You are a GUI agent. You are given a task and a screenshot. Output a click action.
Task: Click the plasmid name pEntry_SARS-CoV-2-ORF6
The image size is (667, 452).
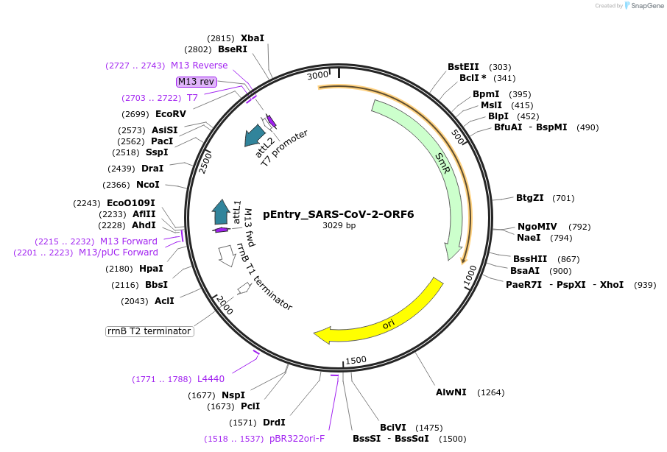click(x=339, y=215)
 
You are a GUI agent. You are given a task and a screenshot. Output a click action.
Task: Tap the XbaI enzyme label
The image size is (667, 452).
click(x=252, y=38)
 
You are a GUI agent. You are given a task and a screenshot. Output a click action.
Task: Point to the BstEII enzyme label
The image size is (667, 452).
click(x=463, y=66)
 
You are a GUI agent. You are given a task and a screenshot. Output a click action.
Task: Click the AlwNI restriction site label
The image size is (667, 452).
click(x=451, y=392)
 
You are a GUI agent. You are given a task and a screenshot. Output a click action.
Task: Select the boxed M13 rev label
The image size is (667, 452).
click(x=197, y=82)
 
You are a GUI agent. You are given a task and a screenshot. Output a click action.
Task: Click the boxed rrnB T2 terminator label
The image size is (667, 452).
click(x=149, y=331)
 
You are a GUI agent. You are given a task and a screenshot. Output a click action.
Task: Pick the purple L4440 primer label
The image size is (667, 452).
click(x=211, y=379)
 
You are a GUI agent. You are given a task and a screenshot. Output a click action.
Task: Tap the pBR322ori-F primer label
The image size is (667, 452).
click(x=297, y=439)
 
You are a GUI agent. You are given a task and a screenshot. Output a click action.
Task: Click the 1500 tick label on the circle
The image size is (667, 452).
click(x=356, y=360)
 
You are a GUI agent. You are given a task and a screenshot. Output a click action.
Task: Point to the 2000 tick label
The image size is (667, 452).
click(x=224, y=305)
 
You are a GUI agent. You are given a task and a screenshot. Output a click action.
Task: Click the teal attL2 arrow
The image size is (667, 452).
click(x=255, y=135)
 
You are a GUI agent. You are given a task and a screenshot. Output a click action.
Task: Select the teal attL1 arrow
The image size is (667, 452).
click(x=220, y=211)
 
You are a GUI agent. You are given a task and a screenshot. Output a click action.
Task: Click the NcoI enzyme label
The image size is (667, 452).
click(x=147, y=185)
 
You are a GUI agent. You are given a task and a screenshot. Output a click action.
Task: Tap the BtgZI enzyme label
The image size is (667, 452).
click(x=529, y=198)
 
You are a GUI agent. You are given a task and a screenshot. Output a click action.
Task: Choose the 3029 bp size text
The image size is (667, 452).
click(x=339, y=226)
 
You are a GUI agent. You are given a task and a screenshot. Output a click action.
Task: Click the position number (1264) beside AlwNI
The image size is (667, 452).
click(x=490, y=392)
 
